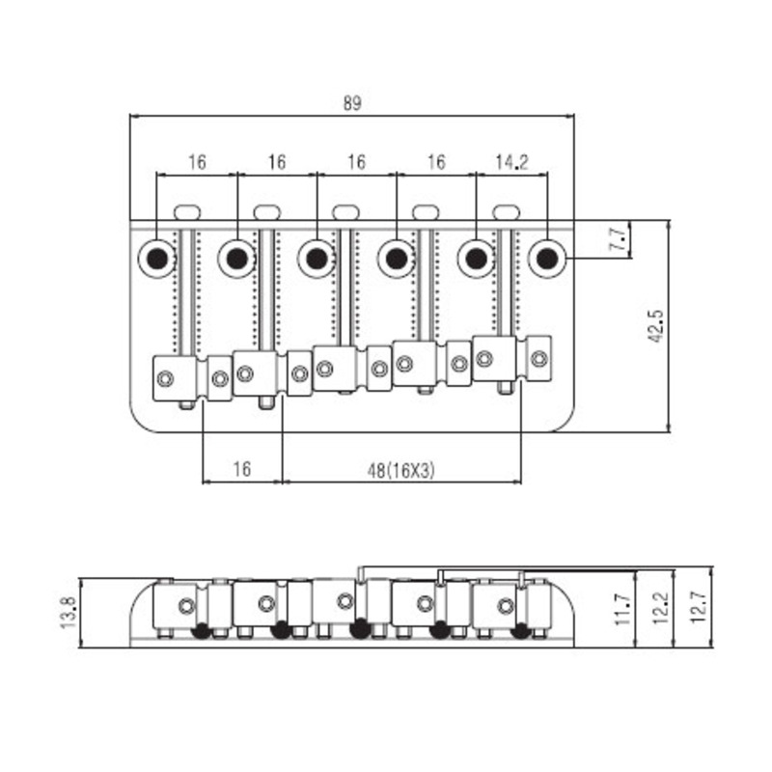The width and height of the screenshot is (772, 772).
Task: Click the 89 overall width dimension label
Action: [352, 103]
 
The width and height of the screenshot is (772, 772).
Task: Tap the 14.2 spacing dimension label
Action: [511, 162]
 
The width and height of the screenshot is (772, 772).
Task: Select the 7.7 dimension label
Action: [619, 239]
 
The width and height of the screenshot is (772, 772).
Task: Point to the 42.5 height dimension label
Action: [656, 326]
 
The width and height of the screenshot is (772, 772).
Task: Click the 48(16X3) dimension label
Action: [401, 471]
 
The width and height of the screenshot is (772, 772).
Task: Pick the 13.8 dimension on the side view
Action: [68, 612]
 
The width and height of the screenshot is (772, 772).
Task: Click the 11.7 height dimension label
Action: [622, 609]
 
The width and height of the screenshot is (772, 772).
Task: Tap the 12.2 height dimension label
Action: [660, 609]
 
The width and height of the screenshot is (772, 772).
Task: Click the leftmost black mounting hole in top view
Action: [157, 258]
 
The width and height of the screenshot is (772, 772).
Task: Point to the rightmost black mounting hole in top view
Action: [546, 258]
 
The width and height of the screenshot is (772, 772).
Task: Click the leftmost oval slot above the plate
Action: [187, 212]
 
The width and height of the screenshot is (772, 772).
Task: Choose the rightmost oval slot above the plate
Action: [506, 212]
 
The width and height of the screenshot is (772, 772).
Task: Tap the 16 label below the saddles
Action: [242, 469]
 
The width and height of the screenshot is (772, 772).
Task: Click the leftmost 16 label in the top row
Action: [197, 162]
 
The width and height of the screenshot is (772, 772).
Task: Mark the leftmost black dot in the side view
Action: [202, 630]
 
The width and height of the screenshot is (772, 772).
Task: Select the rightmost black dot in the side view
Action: [520, 630]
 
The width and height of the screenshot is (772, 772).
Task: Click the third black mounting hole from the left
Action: [317, 258]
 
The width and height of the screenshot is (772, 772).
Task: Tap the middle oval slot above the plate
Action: [346, 212]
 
